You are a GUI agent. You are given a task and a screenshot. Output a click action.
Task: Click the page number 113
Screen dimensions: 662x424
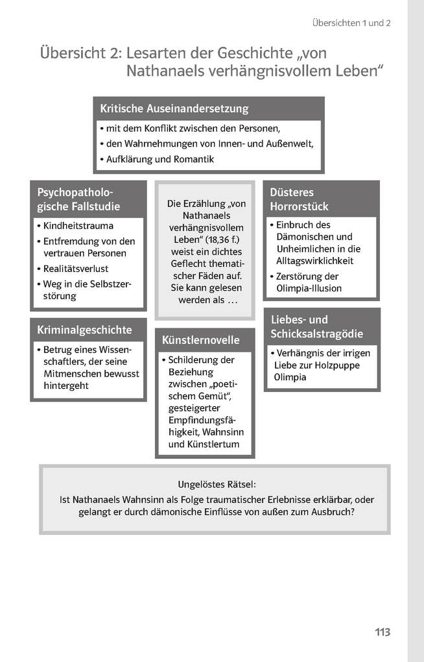pos(383,632)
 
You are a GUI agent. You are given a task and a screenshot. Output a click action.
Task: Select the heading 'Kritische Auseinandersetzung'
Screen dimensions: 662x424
pos(174,108)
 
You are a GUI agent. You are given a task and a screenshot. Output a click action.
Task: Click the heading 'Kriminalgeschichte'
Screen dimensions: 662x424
pos(84,330)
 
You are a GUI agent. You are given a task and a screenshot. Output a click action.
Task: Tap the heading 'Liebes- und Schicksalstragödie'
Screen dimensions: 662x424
pos(317,326)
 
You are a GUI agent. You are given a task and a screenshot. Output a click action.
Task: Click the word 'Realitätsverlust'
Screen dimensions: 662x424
pos(76,268)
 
